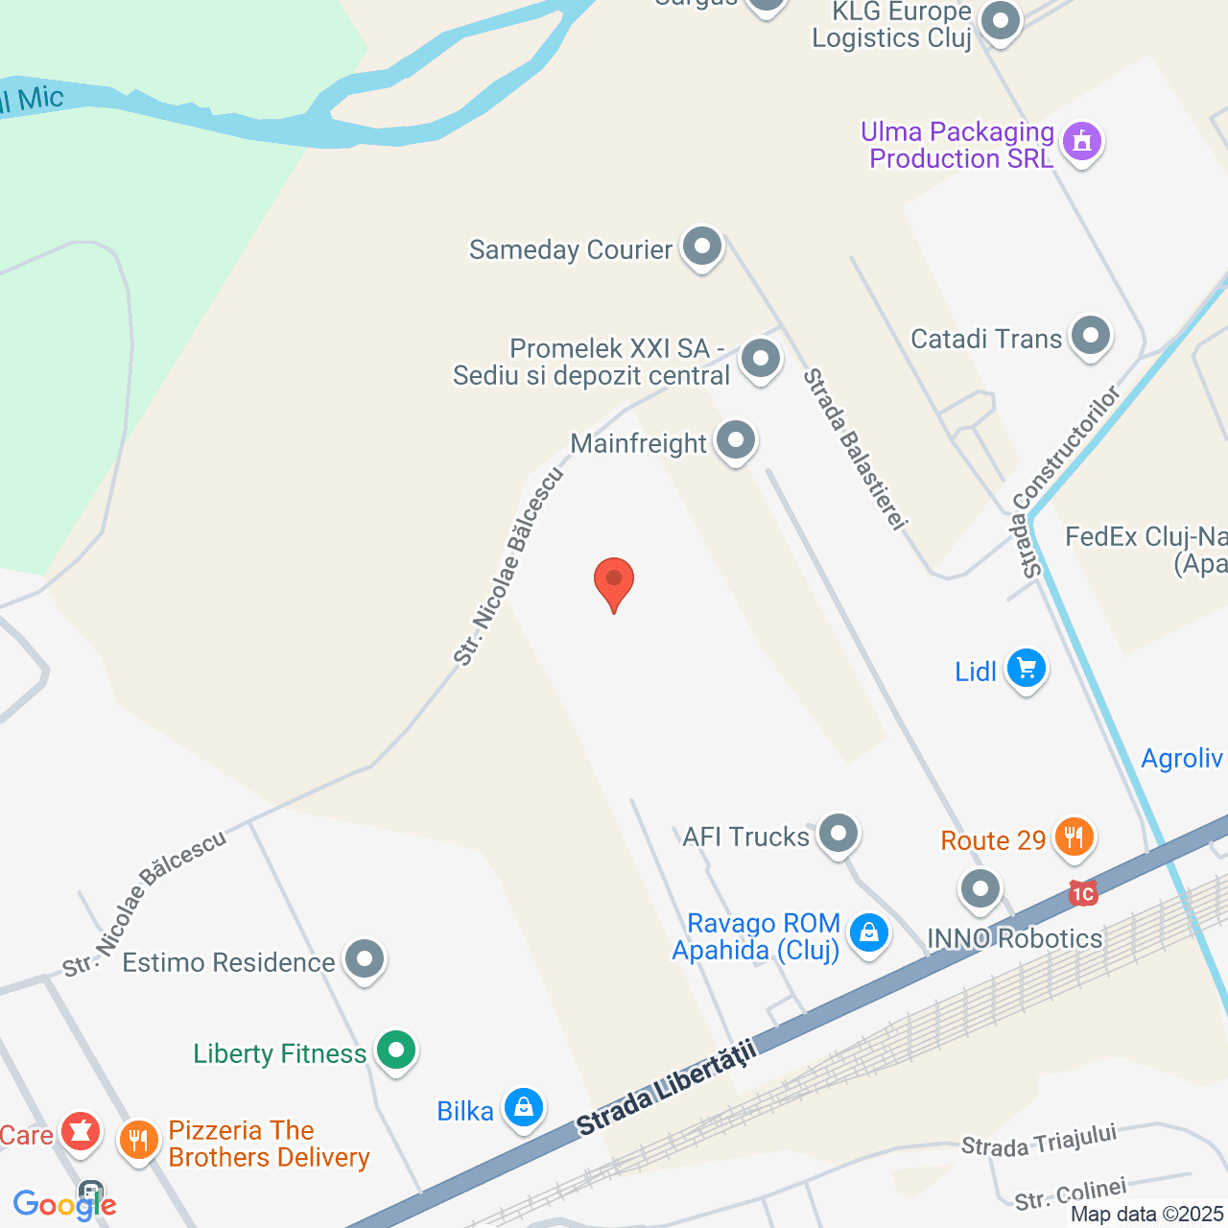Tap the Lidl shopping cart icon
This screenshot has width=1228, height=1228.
click(x=1026, y=668)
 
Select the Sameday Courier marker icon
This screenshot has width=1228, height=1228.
click(x=702, y=248)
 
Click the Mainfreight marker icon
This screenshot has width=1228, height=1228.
click(x=736, y=441)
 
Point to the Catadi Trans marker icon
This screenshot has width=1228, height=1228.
click(x=1090, y=337)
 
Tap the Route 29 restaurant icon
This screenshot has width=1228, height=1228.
click(x=1074, y=838)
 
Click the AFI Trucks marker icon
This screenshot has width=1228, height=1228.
click(x=838, y=834)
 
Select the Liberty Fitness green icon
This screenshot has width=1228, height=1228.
click(x=395, y=1051)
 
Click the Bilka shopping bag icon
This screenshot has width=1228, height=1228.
click(x=524, y=1108)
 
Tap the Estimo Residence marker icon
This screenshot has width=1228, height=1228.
click(x=365, y=959)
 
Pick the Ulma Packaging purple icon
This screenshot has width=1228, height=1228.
click(x=1082, y=142)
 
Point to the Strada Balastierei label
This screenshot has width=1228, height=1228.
click(x=855, y=449)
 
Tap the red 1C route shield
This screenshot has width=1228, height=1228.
click(x=1082, y=894)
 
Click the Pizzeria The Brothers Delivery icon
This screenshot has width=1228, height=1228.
click(x=139, y=1141)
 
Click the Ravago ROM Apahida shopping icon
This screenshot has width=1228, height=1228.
click(x=869, y=933)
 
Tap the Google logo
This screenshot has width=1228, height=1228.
click(x=65, y=1205)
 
